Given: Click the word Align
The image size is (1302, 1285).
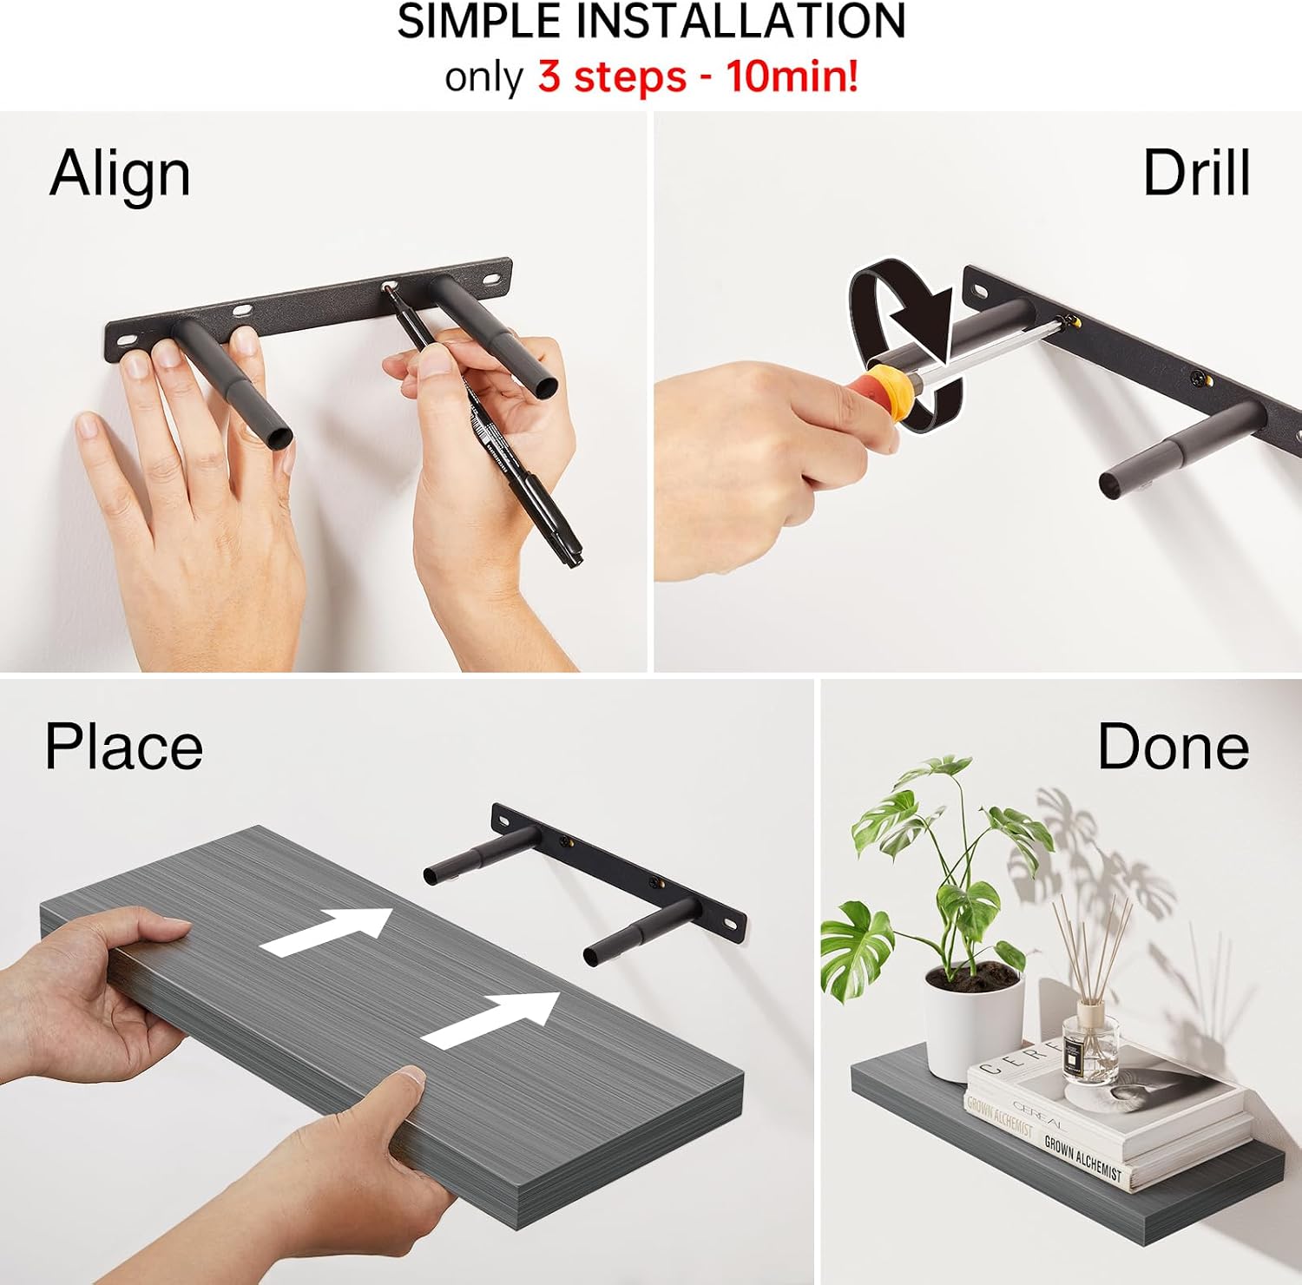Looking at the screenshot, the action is (120, 175).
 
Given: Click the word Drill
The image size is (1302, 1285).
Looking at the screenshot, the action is (1196, 173).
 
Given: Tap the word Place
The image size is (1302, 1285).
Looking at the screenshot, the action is (123, 747).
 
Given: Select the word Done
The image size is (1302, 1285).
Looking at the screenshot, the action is (1173, 746).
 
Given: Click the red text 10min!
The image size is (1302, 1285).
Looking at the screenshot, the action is (792, 76).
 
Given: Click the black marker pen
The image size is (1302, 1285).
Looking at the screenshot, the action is (486, 425).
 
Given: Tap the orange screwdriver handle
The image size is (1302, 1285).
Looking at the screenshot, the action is (890, 394).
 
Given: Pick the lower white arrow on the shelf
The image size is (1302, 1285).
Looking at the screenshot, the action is (491, 1019).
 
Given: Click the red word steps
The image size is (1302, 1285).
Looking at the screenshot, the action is (612, 76).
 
